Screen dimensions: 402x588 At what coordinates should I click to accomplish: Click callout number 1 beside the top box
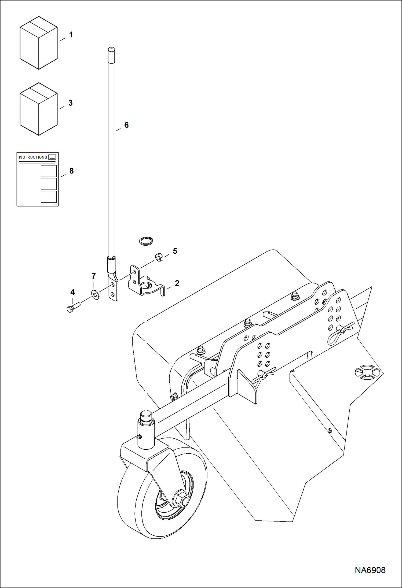pyautogui.click(x=71, y=35)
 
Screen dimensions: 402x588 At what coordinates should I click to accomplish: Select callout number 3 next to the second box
pyautogui.click(x=71, y=103)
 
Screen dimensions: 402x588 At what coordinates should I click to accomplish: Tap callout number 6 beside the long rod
pyautogui.click(x=126, y=125)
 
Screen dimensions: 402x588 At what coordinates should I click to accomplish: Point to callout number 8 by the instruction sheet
pyautogui.click(x=71, y=171)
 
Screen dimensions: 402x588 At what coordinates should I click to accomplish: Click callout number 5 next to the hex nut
pyautogui.click(x=175, y=251)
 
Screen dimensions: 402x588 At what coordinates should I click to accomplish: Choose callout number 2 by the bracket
pyautogui.click(x=177, y=283)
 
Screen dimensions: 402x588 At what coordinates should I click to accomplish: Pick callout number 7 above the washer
pyautogui.click(x=94, y=276)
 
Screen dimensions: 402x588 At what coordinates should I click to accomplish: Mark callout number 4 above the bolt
pyautogui.click(x=72, y=292)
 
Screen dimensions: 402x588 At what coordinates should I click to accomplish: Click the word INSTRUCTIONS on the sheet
pyautogui.click(x=33, y=157)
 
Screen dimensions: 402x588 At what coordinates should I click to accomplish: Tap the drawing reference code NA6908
pyautogui.click(x=370, y=570)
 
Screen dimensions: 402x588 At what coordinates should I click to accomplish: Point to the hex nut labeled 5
pyautogui.click(x=159, y=257)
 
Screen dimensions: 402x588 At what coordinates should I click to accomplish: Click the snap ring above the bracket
pyautogui.click(x=146, y=241)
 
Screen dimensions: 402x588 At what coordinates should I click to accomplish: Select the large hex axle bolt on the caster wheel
pyautogui.click(x=182, y=498)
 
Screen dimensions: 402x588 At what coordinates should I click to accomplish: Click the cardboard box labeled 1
pyautogui.click(x=39, y=43)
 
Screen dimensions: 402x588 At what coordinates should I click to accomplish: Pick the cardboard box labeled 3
pyautogui.click(x=39, y=109)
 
